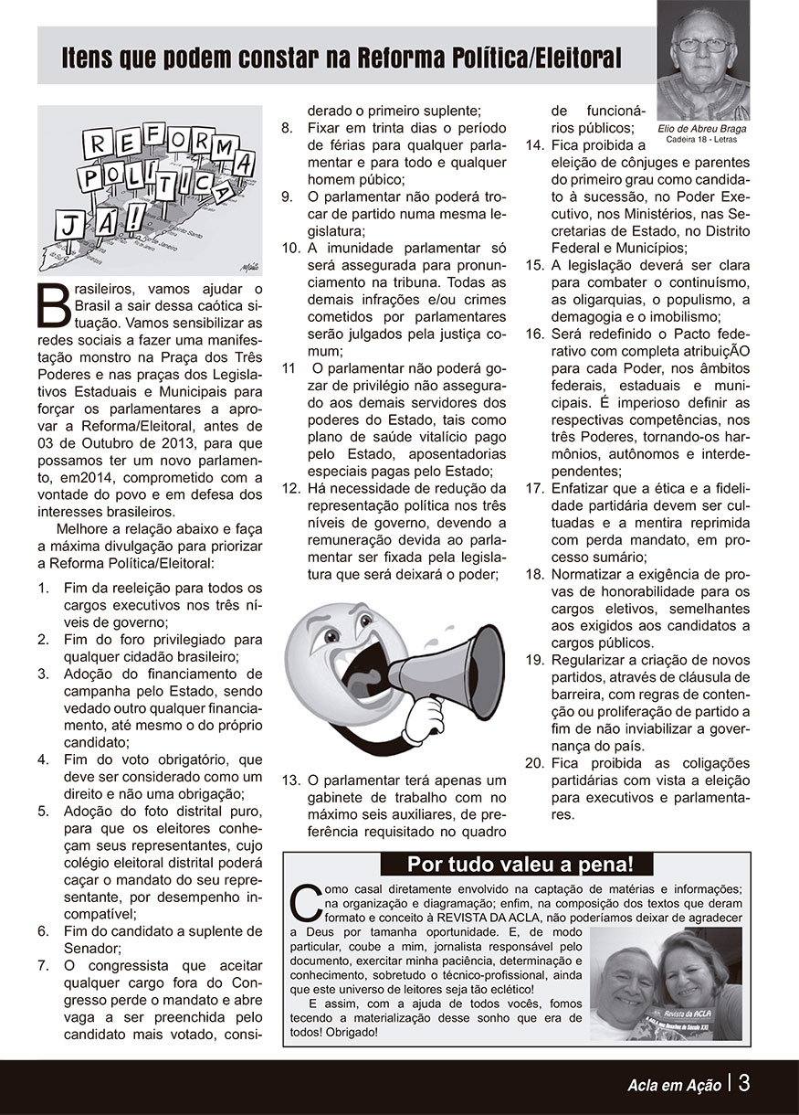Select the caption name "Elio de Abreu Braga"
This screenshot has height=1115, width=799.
(x=702, y=129)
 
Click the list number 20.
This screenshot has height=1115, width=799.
(x=534, y=762)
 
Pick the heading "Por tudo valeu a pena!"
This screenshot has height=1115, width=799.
(x=518, y=865)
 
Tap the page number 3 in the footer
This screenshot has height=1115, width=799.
(x=744, y=1083)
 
